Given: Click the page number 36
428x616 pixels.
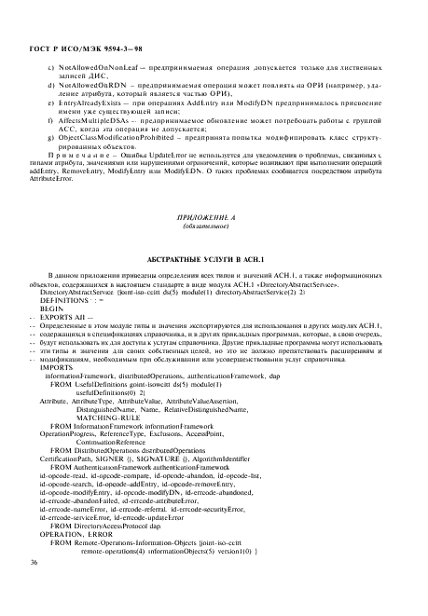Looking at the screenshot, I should tap(34, 589).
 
